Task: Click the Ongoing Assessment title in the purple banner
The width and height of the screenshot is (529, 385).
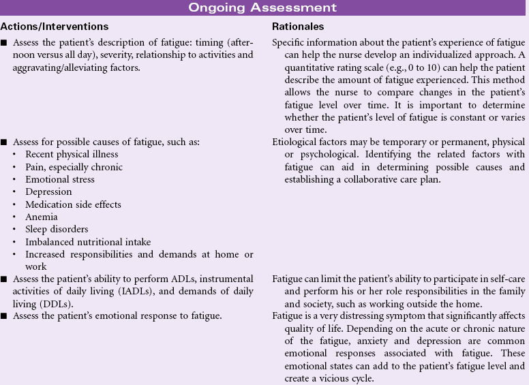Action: (263, 7)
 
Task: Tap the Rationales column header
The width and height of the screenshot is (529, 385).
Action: (298, 27)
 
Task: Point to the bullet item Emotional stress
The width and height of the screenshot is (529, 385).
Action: (60, 179)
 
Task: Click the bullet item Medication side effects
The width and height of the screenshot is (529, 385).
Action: (73, 204)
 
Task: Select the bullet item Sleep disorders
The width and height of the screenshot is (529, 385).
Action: (57, 230)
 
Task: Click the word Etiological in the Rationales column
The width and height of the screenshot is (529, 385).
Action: (296, 142)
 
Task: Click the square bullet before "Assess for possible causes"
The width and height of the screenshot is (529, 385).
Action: (4, 142)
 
